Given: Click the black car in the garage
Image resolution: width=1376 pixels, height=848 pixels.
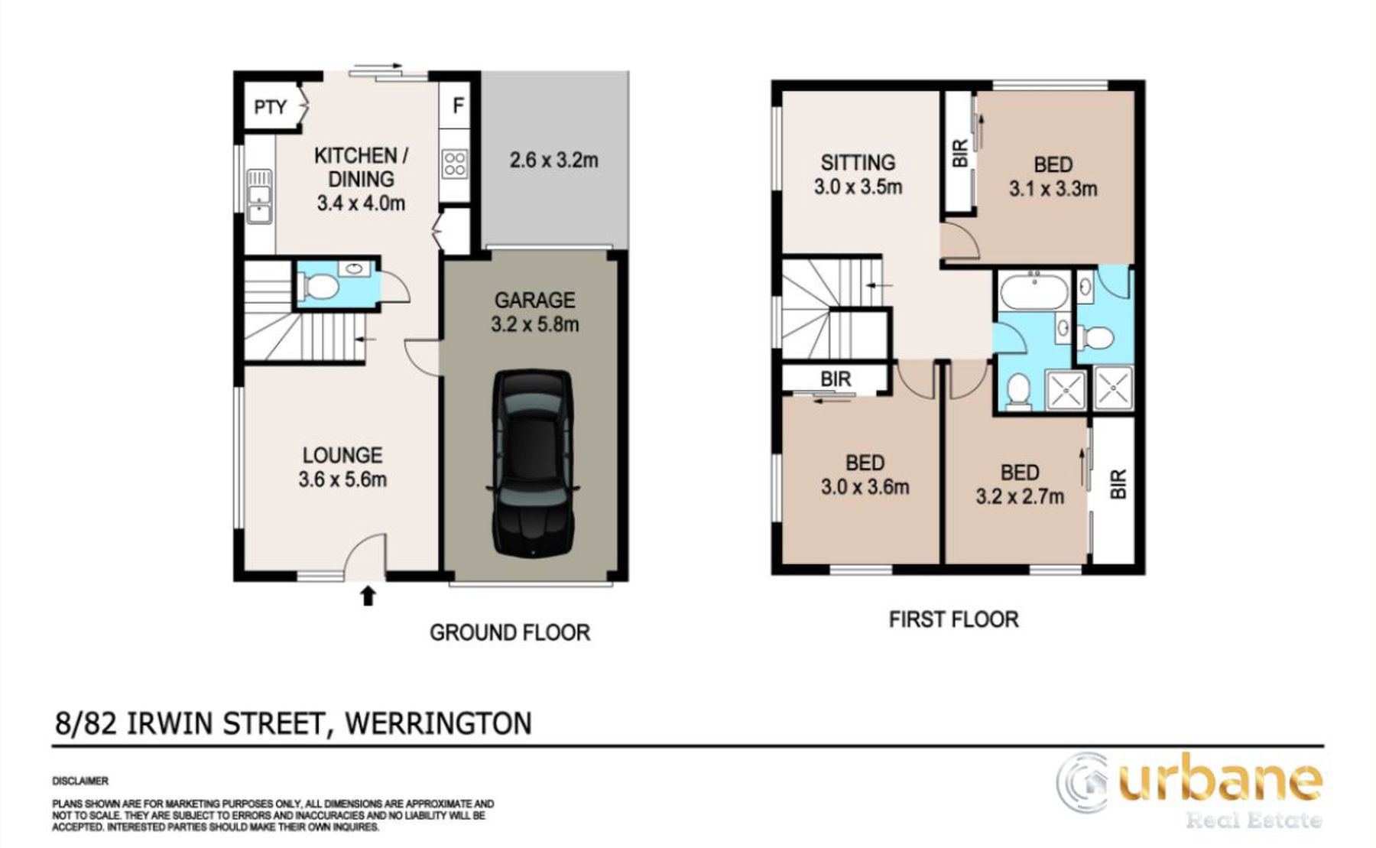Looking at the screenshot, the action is coord(533,463).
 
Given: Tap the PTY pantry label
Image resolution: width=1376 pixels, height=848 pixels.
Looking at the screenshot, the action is coord(270,107).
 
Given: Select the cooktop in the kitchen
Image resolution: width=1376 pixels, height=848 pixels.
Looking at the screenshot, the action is coord(454,164).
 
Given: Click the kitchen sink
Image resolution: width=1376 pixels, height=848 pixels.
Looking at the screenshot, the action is coord(259,195).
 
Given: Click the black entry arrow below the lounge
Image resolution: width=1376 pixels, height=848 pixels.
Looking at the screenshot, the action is coord(368,595).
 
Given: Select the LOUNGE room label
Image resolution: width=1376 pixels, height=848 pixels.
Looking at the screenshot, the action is coord(342,455).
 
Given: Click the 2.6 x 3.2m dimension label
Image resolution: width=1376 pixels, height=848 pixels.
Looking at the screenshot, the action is coord(553,160).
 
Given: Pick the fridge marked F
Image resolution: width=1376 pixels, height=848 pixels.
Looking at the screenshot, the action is coord(458,106).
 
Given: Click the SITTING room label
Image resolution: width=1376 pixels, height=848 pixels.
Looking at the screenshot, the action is coord(858,162).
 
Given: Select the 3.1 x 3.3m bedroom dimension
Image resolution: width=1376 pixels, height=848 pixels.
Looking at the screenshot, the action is coord(1053,188).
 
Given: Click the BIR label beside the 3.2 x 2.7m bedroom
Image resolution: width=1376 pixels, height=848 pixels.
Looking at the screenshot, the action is coord(1118,483).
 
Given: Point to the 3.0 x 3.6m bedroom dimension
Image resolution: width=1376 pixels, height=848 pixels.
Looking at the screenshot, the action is coord(865,486).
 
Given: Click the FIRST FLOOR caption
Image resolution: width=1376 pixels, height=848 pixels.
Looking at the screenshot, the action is coord(953,619).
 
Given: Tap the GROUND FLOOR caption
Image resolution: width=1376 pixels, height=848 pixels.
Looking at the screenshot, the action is coord(510,632).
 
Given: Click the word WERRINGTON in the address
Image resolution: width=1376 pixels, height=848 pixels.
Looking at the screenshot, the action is coord(439,723).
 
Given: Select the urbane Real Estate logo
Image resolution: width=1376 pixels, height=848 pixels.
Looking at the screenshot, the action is coord(1189,791).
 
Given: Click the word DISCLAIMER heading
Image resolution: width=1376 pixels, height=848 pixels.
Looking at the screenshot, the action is coord(80,781).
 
